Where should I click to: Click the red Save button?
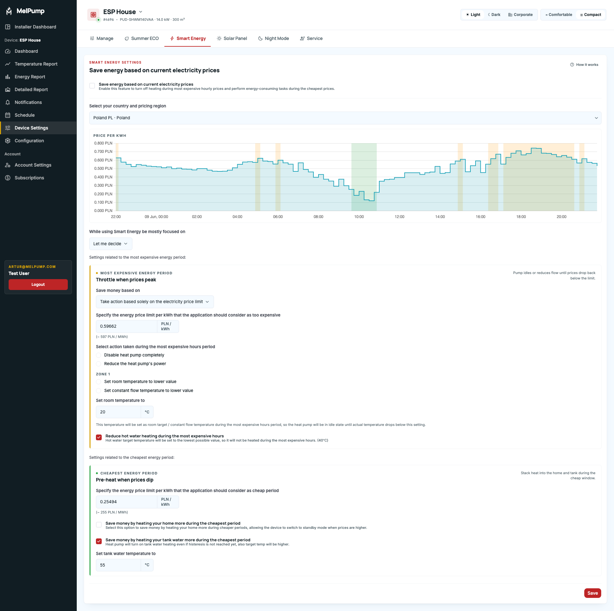click(593, 593)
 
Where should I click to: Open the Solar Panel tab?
click(232, 38)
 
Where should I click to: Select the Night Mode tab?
click(273, 38)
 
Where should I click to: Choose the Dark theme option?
click(494, 15)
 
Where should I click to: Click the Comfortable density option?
click(559, 15)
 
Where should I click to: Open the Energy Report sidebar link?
click(30, 77)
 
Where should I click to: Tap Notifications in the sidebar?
click(28, 102)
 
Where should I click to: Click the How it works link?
click(584, 65)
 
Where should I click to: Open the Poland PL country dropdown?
click(345, 118)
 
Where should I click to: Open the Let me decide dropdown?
click(111, 244)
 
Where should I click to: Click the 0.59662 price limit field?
click(127, 326)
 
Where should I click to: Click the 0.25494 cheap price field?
click(127, 502)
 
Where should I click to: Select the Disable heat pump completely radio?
click(98, 355)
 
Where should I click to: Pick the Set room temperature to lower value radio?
click(98, 382)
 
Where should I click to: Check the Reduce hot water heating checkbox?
click(99, 437)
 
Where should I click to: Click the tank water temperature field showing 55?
click(118, 565)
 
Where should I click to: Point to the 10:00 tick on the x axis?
click(359, 217)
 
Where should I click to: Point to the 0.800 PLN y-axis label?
click(103, 143)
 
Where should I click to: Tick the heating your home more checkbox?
click(99, 525)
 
